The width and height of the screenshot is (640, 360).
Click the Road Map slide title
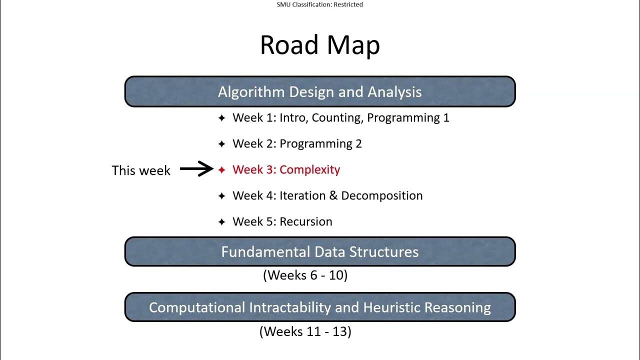320,45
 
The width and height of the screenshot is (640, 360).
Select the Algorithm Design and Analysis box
320,92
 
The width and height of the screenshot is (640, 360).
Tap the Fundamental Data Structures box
320,251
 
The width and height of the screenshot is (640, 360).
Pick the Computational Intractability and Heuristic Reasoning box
320,307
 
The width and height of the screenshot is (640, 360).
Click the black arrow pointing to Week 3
196,169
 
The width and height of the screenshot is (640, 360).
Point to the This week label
141,170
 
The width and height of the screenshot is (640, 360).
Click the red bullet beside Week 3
222,170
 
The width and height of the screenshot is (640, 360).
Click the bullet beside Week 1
222,118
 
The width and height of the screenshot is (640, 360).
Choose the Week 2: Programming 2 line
297,144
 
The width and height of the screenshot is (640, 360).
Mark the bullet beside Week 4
222,196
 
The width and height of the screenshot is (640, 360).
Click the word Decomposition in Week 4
382,195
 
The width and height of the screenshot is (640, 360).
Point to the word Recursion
306,221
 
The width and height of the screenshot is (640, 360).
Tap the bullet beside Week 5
222,222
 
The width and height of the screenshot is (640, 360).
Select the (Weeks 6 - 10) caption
305,275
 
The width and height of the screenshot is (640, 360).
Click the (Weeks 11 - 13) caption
305,331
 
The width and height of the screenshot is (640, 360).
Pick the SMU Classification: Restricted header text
320,4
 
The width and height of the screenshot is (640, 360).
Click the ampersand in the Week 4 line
333,195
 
